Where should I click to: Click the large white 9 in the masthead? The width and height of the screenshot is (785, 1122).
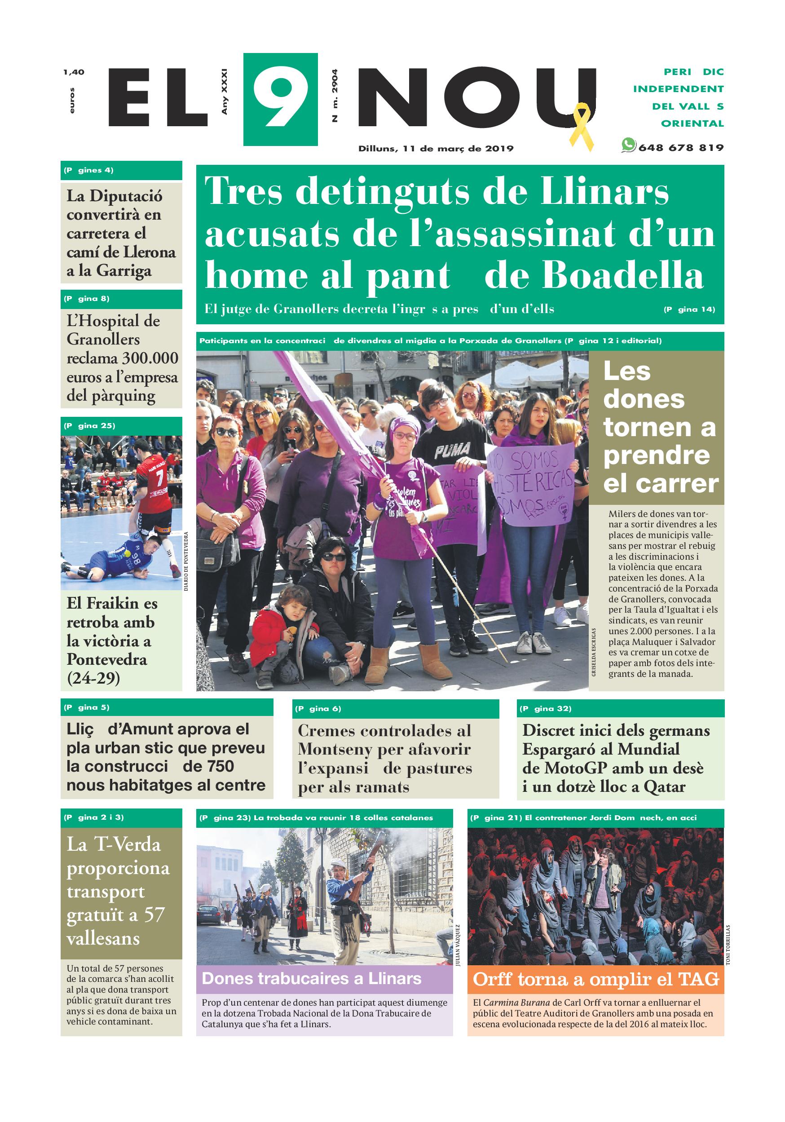click(x=280, y=100)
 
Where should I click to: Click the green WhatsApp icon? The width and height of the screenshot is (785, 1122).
click(x=628, y=145)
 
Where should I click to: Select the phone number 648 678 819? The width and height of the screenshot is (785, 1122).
click(x=680, y=148)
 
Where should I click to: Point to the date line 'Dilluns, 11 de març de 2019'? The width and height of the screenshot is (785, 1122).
click(x=436, y=149)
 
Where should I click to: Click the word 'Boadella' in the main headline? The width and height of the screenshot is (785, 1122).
click(x=623, y=277)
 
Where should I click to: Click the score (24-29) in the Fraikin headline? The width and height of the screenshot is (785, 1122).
click(x=93, y=678)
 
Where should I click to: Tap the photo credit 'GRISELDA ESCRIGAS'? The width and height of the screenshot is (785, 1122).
click(x=594, y=652)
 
